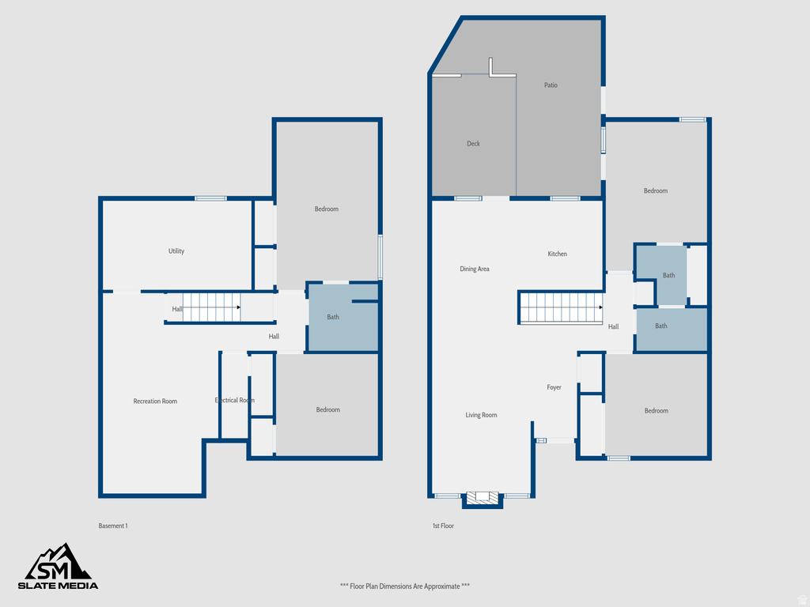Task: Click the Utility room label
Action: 176,251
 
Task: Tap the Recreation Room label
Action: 155,402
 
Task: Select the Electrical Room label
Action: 234,401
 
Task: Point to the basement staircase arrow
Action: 237,307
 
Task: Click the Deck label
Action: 473,144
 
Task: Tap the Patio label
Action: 551,85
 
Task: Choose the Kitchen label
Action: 557,254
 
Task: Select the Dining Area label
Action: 475,270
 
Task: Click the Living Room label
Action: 481,415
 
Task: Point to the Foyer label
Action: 554,387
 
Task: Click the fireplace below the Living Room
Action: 483,498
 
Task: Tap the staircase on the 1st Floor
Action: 560,307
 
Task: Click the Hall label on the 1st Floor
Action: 613,326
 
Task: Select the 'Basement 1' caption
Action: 113,526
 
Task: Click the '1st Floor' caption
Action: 442,526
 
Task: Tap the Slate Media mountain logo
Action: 59,562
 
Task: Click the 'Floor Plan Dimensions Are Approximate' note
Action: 405,586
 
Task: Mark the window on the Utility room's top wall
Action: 210,198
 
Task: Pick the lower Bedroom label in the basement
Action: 327,409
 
